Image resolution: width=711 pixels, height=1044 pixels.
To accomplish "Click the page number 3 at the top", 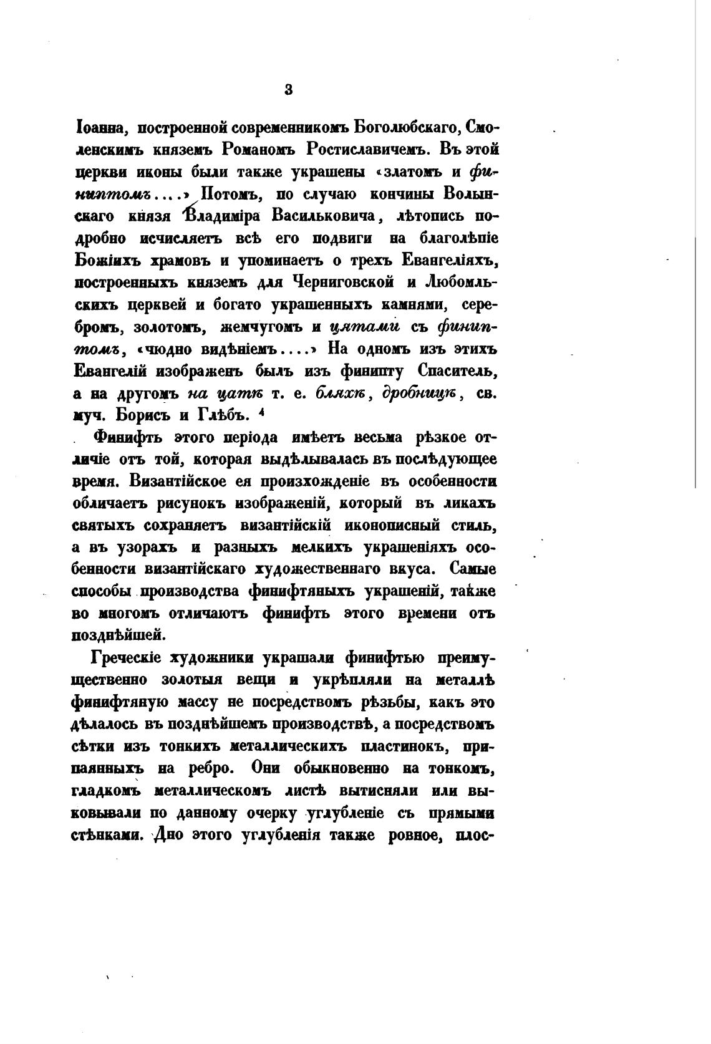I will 288,89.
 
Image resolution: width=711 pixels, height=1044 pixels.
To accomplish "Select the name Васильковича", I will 326,216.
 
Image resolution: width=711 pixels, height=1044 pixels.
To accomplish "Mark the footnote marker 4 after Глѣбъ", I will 265,411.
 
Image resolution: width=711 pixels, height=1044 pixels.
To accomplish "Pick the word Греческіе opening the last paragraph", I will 127,658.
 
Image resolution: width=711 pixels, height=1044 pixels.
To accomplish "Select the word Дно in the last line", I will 168,834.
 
